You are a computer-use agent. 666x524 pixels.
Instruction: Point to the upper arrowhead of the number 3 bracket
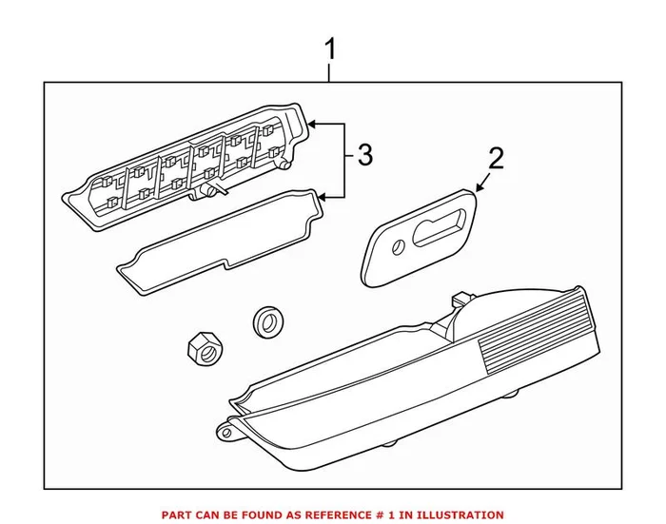316,124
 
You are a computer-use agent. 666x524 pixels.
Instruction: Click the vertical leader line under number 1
330,71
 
